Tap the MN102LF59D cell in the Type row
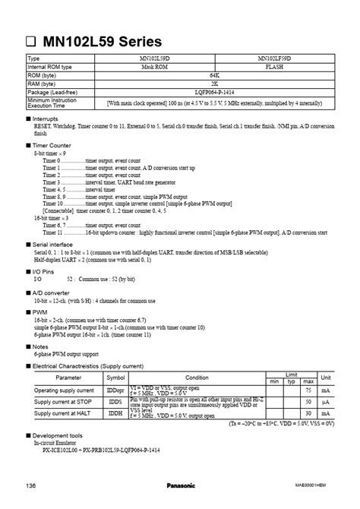pos(274,58)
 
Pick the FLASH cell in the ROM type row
pos(274,66)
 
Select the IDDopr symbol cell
pos(115,390)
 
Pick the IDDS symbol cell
pos(115,402)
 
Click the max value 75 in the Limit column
pos(309,390)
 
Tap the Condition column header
pos(197,377)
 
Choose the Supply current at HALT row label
pos(64,414)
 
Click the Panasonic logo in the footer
pos(181,485)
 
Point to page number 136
pos(31,485)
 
